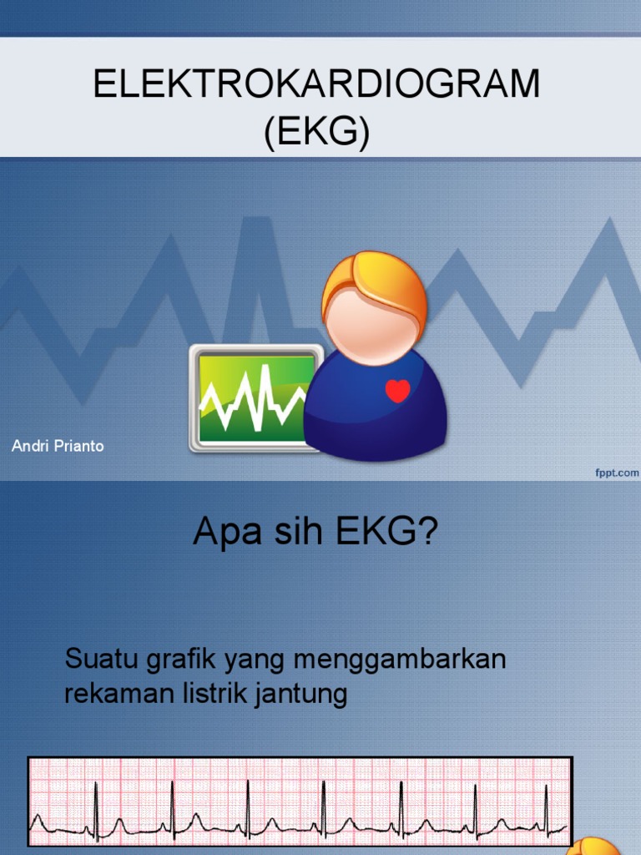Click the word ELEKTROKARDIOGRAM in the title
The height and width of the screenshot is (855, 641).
pyautogui.click(x=317, y=85)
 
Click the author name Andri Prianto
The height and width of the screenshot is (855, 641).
pyautogui.click(x=58, y=446)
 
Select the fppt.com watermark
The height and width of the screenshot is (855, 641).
pyautogui.click(x=617, y=473)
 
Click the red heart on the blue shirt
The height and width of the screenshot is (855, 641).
pyautogui.click(x=398, y=391)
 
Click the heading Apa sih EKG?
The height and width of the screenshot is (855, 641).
pyautogui.click(x=315, y=532)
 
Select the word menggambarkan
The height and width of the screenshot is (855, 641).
pyautogui.click(x=400, y=660)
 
